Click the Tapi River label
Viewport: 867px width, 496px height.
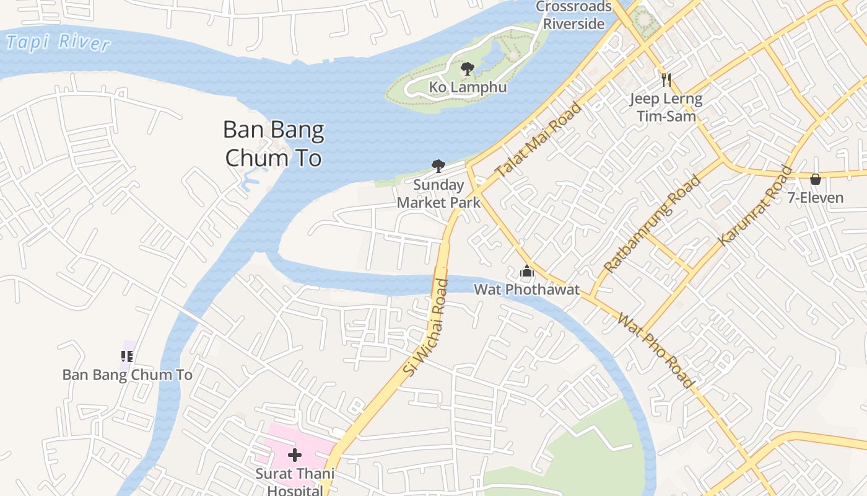[x=58, y=42]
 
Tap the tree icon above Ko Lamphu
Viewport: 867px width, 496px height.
[x=468, y=68]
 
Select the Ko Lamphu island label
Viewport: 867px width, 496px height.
[x=468, y=87]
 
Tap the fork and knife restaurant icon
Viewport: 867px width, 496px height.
[x=666, y=79]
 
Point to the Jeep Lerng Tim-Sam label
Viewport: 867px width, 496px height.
[x=666, y=107]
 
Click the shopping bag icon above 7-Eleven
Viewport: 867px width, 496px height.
[x=816, y=179]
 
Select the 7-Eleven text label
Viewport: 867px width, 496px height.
[x=816, y=198]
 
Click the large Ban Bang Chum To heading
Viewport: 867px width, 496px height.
[x=273, y=144]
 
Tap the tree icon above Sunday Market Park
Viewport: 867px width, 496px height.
[x=438, y=166]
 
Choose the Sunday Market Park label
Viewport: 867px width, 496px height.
[x=438, y=193]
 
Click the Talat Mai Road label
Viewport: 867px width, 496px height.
[x=539, y=140]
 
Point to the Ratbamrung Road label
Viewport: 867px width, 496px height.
[x=652, y=224]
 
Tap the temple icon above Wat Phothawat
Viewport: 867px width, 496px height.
[x=527, y=272]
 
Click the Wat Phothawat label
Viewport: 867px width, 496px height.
[x=527, y=290]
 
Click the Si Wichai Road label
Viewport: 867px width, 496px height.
[x=425, y=327]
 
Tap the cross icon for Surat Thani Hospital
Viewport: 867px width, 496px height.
[x=295, y=456]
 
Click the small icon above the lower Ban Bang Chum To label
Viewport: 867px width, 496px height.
[x=127, y=356]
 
